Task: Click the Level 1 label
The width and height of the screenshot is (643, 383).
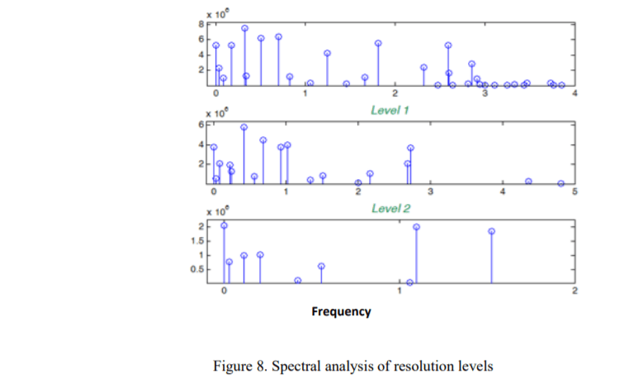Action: point(390,110)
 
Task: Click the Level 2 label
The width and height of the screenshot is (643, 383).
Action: point(390,208)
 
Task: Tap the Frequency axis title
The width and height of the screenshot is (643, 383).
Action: point(341,311)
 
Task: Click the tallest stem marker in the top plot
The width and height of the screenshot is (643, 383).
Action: point(245,28)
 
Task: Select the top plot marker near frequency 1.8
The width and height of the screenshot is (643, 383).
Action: point(378,43)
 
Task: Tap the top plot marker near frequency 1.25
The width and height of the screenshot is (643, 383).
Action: point(327,53)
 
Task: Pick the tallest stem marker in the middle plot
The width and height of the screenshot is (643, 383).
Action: point(244,127)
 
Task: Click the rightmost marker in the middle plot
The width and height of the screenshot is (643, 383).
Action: point(560,183)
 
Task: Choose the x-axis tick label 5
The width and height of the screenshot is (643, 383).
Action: point(574,191)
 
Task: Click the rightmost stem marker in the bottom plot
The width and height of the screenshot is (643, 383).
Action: point(491,231)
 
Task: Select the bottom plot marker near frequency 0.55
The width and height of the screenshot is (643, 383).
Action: point(321,266)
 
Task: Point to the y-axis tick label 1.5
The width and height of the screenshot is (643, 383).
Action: point(196,241)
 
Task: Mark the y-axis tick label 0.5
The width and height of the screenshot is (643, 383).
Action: point(196,269)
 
